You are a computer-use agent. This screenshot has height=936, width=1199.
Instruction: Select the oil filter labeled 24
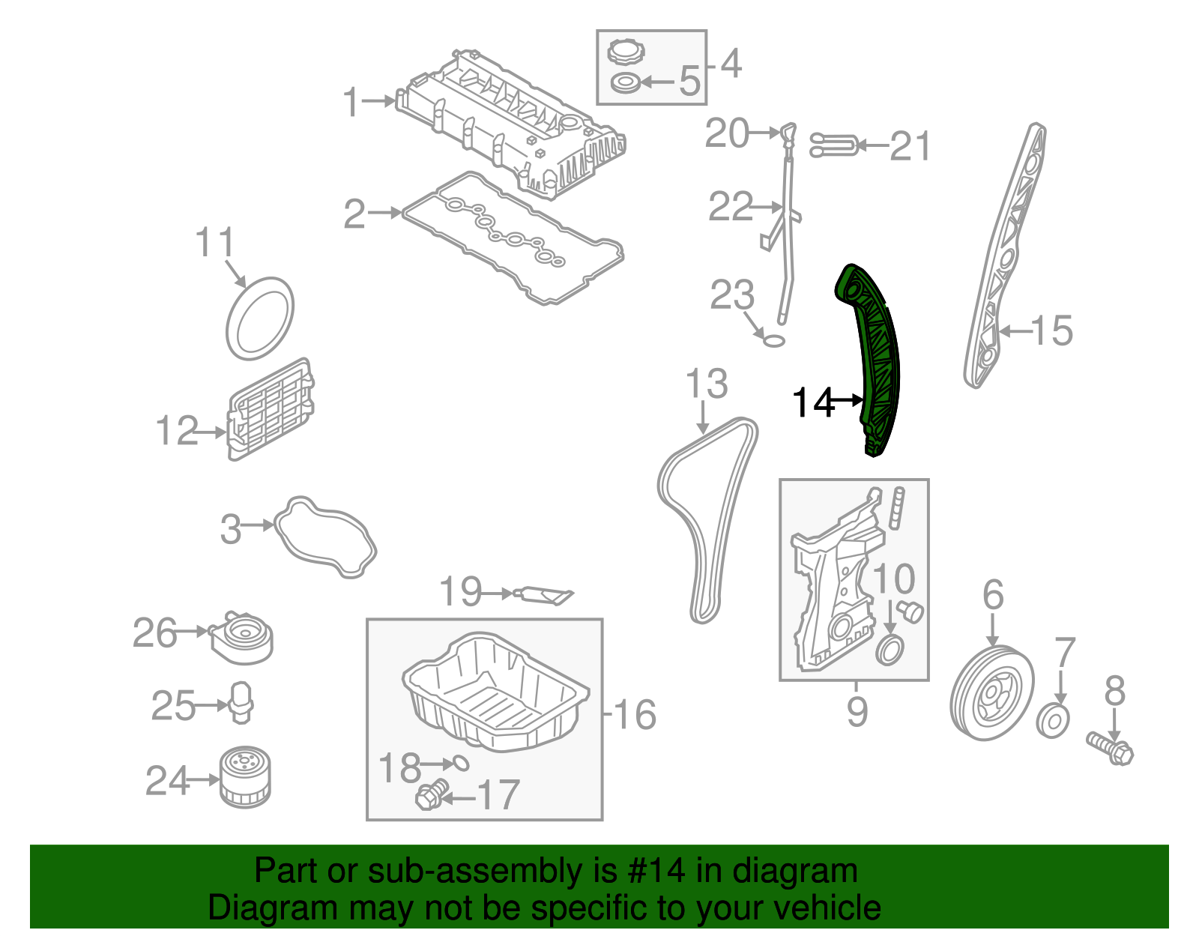(245, 777)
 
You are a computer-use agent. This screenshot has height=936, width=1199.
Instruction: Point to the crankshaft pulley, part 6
(991, 694)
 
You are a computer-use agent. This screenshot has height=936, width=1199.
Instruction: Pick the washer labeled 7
(1053, 721)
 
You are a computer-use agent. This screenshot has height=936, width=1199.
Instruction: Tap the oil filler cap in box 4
(626, 53)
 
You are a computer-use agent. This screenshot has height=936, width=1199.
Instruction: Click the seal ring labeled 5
(625, 82)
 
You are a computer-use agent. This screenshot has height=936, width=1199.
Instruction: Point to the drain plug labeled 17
(430, 794)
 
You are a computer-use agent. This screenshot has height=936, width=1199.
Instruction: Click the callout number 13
(706, 384)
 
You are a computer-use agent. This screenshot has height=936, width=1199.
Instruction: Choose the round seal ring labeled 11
(259, 318)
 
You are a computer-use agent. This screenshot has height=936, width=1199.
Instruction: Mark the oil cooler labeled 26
(241, 638)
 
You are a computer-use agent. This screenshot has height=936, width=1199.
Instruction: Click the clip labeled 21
(834, 145)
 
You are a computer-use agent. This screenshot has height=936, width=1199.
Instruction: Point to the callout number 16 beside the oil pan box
(635, 714)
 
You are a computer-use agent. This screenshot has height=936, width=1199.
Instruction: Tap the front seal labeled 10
(889, 649)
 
